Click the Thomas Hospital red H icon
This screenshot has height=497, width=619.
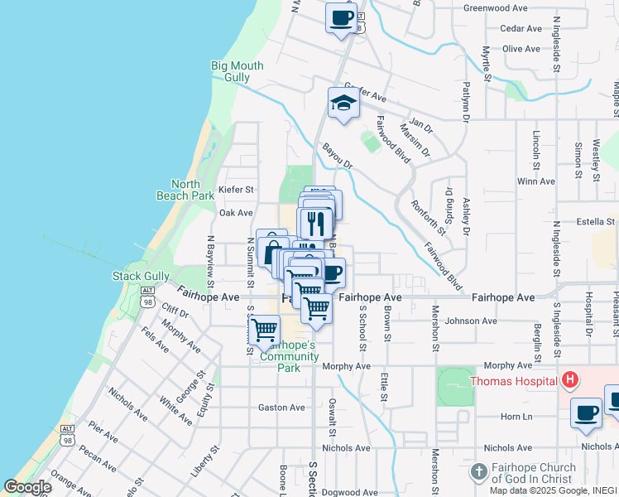coord(569,381)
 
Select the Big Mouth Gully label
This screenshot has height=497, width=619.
coord(237,71)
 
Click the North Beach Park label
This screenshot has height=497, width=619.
coord(185,190)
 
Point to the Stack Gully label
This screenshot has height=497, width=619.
coord(141,276)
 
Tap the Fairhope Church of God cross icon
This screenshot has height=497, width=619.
coord(478,472)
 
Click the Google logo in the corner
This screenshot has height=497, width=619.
coord(27,487)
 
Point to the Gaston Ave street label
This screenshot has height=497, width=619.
coord(281,408)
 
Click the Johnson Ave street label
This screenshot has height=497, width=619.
coord(471,321)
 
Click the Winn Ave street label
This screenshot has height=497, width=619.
coord(534,181)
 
